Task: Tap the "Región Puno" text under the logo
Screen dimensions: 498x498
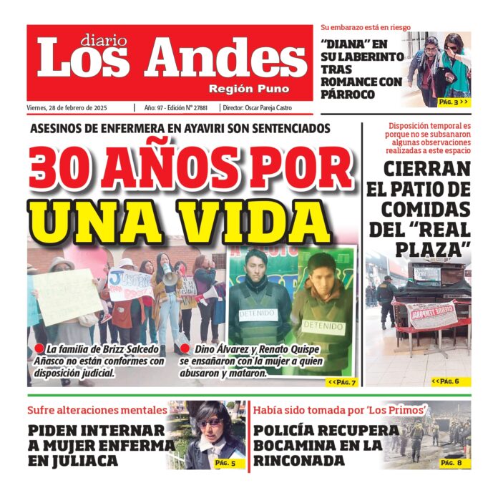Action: [249, 89]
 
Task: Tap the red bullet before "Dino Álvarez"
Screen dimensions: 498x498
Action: [185, 348]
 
